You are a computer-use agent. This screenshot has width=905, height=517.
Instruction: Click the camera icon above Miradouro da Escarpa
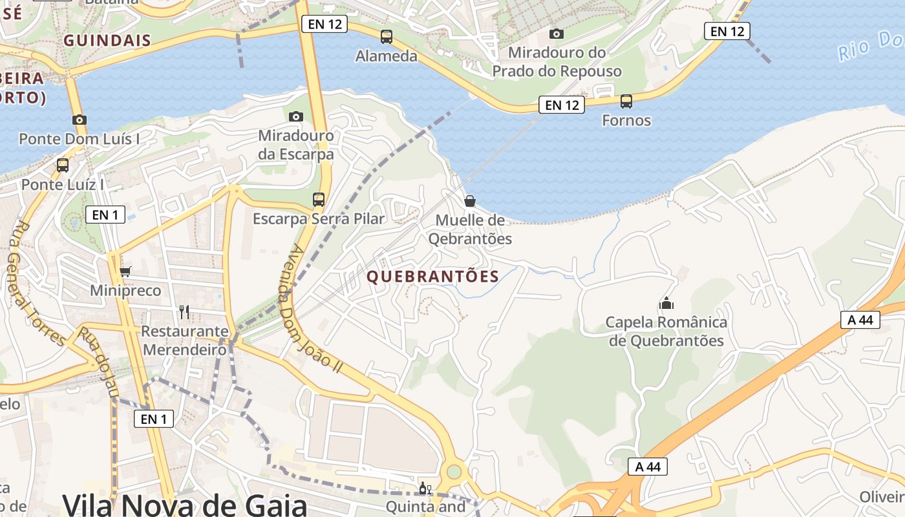pyautogui.click(x=296, y=116)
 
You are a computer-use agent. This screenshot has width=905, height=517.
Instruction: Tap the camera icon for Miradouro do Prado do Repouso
pyautogui.click(x=556, y=34)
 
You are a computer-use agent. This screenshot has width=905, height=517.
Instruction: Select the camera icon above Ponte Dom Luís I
pyautogui.click(x=80, y=120)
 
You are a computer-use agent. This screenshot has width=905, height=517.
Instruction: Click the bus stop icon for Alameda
pyautogui.click(x=387, y=37)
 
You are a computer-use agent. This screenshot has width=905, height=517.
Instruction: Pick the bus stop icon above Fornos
pyautogui.click(x=626, y=101)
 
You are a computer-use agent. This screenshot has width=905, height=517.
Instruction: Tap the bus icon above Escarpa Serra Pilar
pyautogui.click(x=319, y=199)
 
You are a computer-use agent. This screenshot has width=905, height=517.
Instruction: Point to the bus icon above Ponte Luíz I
pyautogui.click(x=63, y=165)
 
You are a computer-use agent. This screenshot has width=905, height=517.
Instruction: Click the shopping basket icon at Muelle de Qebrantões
pyautogui.click(x=470, y=201)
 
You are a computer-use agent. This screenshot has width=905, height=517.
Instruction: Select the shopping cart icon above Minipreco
pyautogui.click(x=125, y=271)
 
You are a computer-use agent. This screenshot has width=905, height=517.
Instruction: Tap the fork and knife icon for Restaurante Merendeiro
pyautogui.click(x=185, y=312)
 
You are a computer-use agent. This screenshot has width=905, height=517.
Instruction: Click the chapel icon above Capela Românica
pyautogui.click(x=666, y=302)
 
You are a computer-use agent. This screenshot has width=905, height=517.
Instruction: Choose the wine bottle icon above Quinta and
pyautogui.click(x=425, y=489)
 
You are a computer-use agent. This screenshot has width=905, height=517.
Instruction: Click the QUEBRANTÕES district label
pyautogui.click(x=433, y=277)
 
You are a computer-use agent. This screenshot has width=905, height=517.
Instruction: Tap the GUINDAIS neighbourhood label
pyautogui.click(x=107, y=41)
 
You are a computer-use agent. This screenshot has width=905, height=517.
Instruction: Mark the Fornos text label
pyautogui.click(x=626, y=120)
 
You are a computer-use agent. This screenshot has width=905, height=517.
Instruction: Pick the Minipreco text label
pyautogui.click(x=125, y=291)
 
